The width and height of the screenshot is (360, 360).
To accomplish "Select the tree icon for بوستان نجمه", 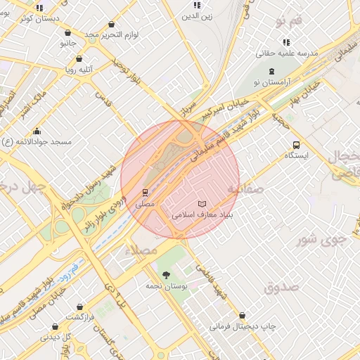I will coord(166,275).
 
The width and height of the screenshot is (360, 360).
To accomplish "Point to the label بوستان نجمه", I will coord(165,286).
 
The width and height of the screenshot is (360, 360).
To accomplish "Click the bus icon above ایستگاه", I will coord(296,146).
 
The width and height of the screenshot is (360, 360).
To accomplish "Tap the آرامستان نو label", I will coord(271,82).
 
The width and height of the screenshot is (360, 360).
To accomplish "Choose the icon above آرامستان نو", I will coord(271,71).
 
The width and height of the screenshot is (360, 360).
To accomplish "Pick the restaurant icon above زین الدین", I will coord(197,5).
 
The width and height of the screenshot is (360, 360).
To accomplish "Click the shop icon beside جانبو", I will coord(67,32).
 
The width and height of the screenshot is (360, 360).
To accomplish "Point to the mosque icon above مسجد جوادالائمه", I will coord(37,131).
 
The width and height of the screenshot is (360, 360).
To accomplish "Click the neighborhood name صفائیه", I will coord(245,189).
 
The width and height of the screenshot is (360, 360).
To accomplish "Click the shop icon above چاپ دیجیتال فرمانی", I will coord(243,316).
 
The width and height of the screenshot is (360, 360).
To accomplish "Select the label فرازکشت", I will coord(81,317).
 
